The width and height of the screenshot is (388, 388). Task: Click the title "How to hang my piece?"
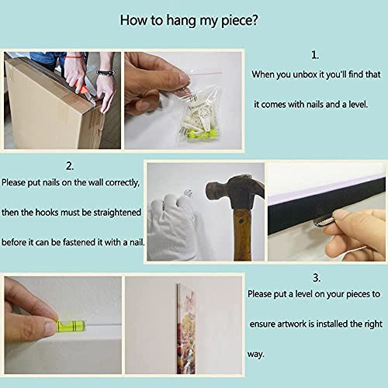pos(189,20)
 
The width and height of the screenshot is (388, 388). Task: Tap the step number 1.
pos(315,55)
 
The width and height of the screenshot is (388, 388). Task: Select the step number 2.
pos(70,166)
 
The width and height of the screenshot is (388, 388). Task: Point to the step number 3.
pos(317,278)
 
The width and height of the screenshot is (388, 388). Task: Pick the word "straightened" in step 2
pos(117,213)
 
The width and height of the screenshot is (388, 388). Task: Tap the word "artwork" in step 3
pos(292,324)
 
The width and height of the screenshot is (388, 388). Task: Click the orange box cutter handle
pos(81,88)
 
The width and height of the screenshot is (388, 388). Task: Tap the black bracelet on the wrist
pos(106,73)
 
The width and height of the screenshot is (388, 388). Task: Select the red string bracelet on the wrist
pos(74,57)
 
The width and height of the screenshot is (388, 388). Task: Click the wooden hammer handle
pos(242,235)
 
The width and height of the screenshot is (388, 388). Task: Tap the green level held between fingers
pos(71,327)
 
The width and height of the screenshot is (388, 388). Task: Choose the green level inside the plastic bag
pos(202,134)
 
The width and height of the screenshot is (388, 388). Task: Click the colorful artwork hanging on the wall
pos(186,329)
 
